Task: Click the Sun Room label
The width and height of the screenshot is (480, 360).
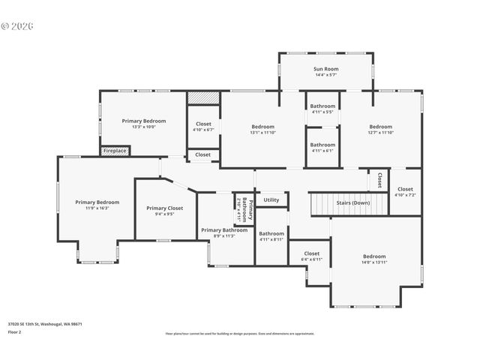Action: (x=325, y=69)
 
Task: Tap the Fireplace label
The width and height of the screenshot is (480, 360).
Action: (x=115, y=151)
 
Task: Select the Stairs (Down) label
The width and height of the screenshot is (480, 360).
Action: (x=352, y=202)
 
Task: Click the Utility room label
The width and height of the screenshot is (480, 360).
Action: (x=271, y=199)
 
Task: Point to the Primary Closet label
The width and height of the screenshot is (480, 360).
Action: (x=165, y=208)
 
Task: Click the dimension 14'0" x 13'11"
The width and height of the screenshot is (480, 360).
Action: (x=374, y=262)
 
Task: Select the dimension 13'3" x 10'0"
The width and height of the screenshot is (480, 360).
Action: (x=143, y=127)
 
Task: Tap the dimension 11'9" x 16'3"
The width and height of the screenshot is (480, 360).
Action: (x=97, y=208)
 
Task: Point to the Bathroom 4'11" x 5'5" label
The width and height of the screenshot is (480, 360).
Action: (x=322, y=106)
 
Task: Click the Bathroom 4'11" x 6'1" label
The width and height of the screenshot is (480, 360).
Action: (x=322, y=145)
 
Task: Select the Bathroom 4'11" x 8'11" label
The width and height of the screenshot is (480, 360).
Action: (x=271, y=233)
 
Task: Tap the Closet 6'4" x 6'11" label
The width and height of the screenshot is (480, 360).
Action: (x=312, y=253)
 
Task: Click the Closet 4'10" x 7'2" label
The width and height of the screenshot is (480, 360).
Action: (x=405, y=189)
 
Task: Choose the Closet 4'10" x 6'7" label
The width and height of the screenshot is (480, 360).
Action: (x=203, y=124)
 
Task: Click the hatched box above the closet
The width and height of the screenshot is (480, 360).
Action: (x=202, y=98)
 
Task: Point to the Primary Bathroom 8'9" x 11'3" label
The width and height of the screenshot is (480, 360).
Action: (x=223, y=230)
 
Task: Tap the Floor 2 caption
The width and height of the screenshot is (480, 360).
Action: (x=15, y=331)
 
